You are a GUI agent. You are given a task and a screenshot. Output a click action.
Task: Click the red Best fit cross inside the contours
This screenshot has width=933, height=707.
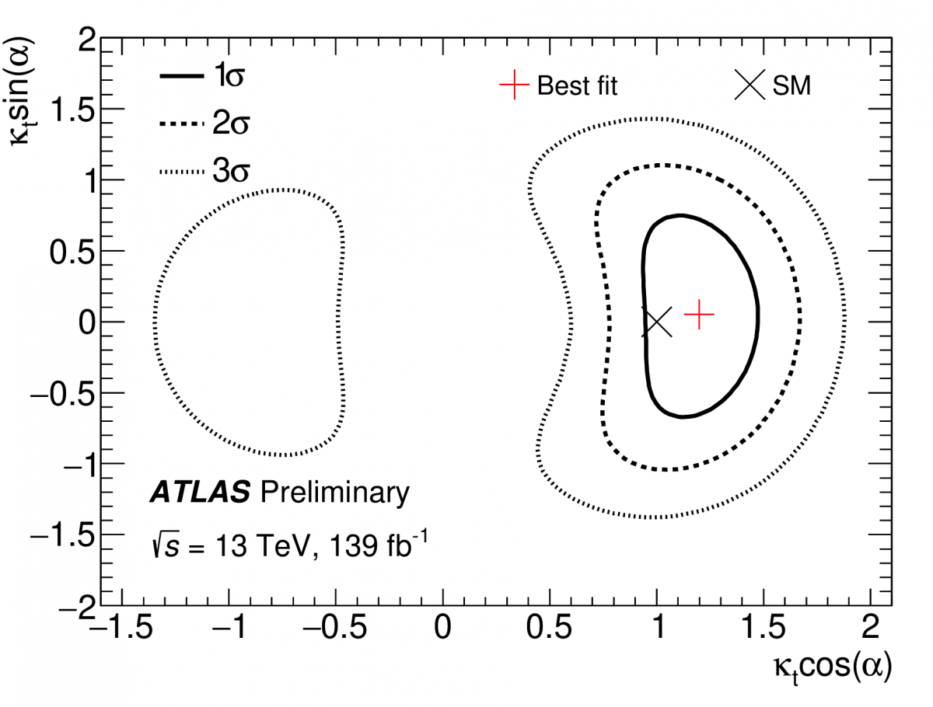pos(699,314)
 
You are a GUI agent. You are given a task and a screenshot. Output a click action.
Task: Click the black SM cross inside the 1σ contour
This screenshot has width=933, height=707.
pos(656,321)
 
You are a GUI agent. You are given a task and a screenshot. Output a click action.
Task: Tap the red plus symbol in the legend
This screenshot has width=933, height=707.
pos(515,85)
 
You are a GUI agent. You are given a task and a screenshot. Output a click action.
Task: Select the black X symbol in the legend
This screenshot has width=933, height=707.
pos(749,85)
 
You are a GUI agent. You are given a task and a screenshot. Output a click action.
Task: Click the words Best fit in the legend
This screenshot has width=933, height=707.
pos(577,85)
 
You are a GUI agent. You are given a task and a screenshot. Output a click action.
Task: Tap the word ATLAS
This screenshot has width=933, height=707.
pos(200,492)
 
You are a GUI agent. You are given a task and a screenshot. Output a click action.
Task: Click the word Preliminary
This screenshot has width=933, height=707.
pos(334,492)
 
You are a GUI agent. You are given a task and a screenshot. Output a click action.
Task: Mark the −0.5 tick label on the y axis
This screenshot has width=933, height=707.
pos(62,393)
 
